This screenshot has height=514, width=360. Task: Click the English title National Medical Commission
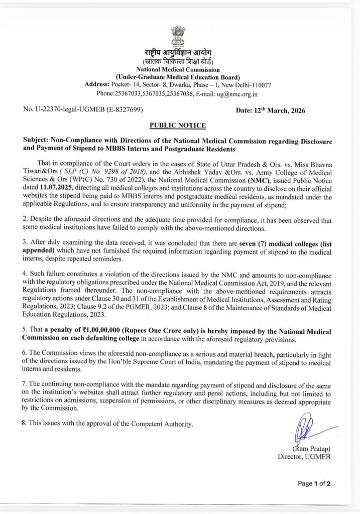click(x=180, y=69)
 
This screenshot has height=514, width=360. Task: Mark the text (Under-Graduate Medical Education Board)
click(x=180, y=77)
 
